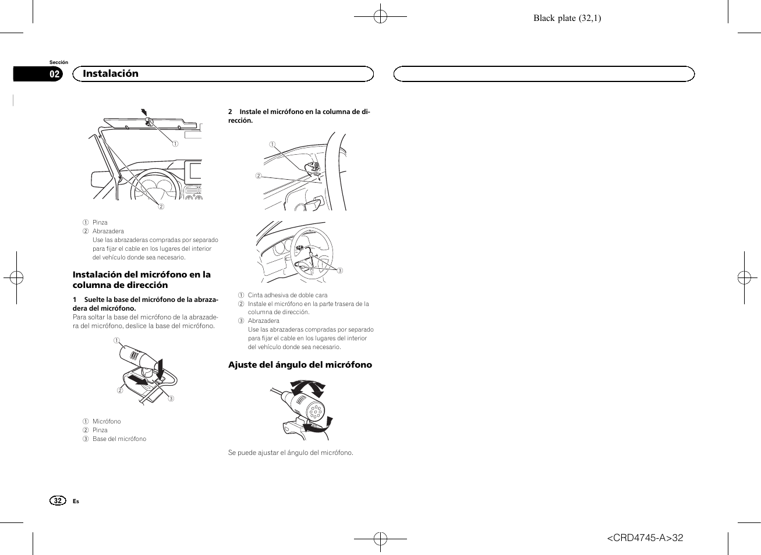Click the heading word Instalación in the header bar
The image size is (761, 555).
point(111,74)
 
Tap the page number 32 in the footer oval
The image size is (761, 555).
point(58,500)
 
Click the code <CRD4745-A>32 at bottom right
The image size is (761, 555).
point(645,538)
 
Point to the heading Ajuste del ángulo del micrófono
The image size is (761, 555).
point(300,365)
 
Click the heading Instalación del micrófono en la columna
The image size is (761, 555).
point(141,280)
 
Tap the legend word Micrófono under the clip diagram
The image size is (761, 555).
point(107,421)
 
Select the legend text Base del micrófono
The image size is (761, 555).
point(119,439)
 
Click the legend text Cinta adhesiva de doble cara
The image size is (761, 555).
point(288,295)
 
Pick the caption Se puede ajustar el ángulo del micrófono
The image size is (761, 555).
point(291,453)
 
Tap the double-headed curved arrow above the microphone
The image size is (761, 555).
point(307,387)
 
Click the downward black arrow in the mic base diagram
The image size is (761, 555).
point(161,368)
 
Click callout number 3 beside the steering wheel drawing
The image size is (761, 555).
point(340,271)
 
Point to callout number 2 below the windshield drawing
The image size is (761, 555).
point(161,207)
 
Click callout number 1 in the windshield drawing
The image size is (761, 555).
point(175,144)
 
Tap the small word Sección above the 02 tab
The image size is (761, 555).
point(59,62)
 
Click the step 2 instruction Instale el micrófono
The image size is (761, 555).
point(299,116)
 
